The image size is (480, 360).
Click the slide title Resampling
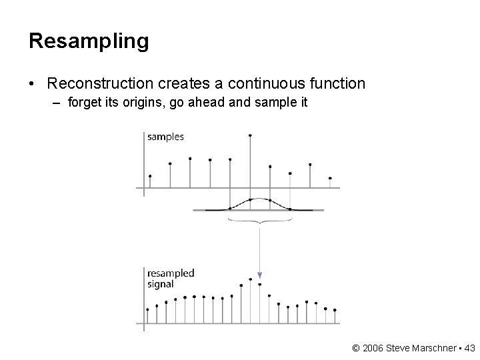coord(89,41)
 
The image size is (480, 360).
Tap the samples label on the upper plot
coord(165,137)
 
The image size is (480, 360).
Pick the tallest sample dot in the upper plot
coord(250,135)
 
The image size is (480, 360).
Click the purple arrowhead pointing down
coord(260,274)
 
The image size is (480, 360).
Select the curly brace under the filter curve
coord(260,219)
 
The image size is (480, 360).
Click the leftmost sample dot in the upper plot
coord(150,176)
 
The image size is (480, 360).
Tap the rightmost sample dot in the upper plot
coord(330,178)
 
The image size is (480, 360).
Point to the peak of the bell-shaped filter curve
coord(251,199)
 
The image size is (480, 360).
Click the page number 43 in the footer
coord(469,347)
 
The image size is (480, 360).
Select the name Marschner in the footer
coord(431,347)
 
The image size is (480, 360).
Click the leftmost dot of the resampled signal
coord(148,309)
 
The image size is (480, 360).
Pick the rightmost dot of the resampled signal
coord(335,310)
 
